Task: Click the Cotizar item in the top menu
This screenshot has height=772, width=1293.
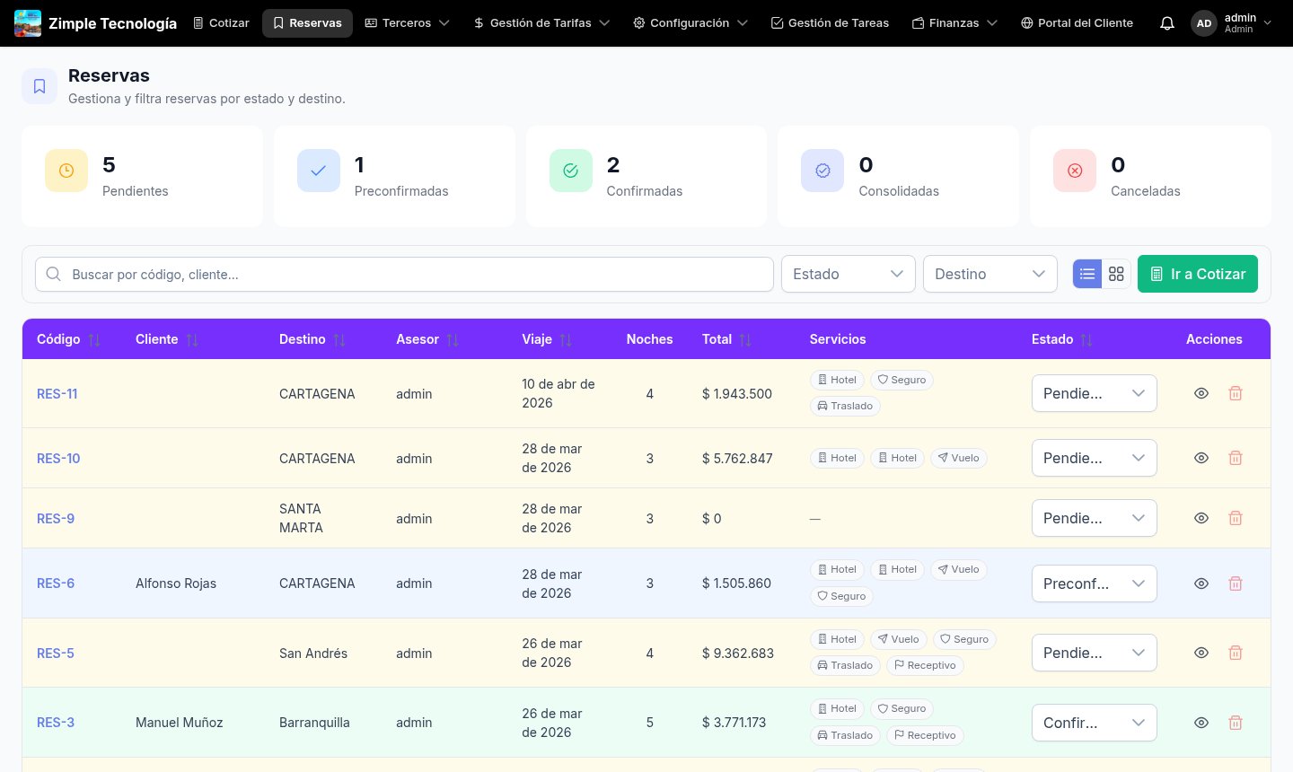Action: coord(221,23)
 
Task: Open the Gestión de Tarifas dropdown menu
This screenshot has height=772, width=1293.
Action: coord(541,23)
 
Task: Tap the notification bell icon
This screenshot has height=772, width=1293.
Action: coord(1166,23)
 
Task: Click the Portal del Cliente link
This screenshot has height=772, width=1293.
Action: coord(1077,23)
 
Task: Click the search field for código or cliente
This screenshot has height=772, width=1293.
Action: coord(404,275)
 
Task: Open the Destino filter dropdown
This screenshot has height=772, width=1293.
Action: coord(990,275)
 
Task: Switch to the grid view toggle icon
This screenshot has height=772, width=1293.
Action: coord(1116,275)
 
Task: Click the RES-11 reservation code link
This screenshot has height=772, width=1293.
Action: coord(57,394)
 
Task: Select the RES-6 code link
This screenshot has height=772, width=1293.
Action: coord(56,583)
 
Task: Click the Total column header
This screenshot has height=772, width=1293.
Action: coord(717,339)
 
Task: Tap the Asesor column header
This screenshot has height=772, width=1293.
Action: coord(418,339)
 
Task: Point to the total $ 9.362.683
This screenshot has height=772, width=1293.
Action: coord(737,654)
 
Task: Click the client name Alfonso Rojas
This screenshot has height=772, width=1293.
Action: coord(176,583)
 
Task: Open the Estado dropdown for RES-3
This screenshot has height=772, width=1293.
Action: coord(1094,723)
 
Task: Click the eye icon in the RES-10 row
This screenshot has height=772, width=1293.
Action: coord(1201,459)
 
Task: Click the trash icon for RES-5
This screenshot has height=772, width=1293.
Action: coord(1236,654)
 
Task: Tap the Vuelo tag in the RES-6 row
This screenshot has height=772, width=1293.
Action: coord(958,570)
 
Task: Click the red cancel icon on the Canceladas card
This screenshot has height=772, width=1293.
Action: coord(1075,171)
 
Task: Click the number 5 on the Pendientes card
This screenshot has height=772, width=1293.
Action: coord(110,165)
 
